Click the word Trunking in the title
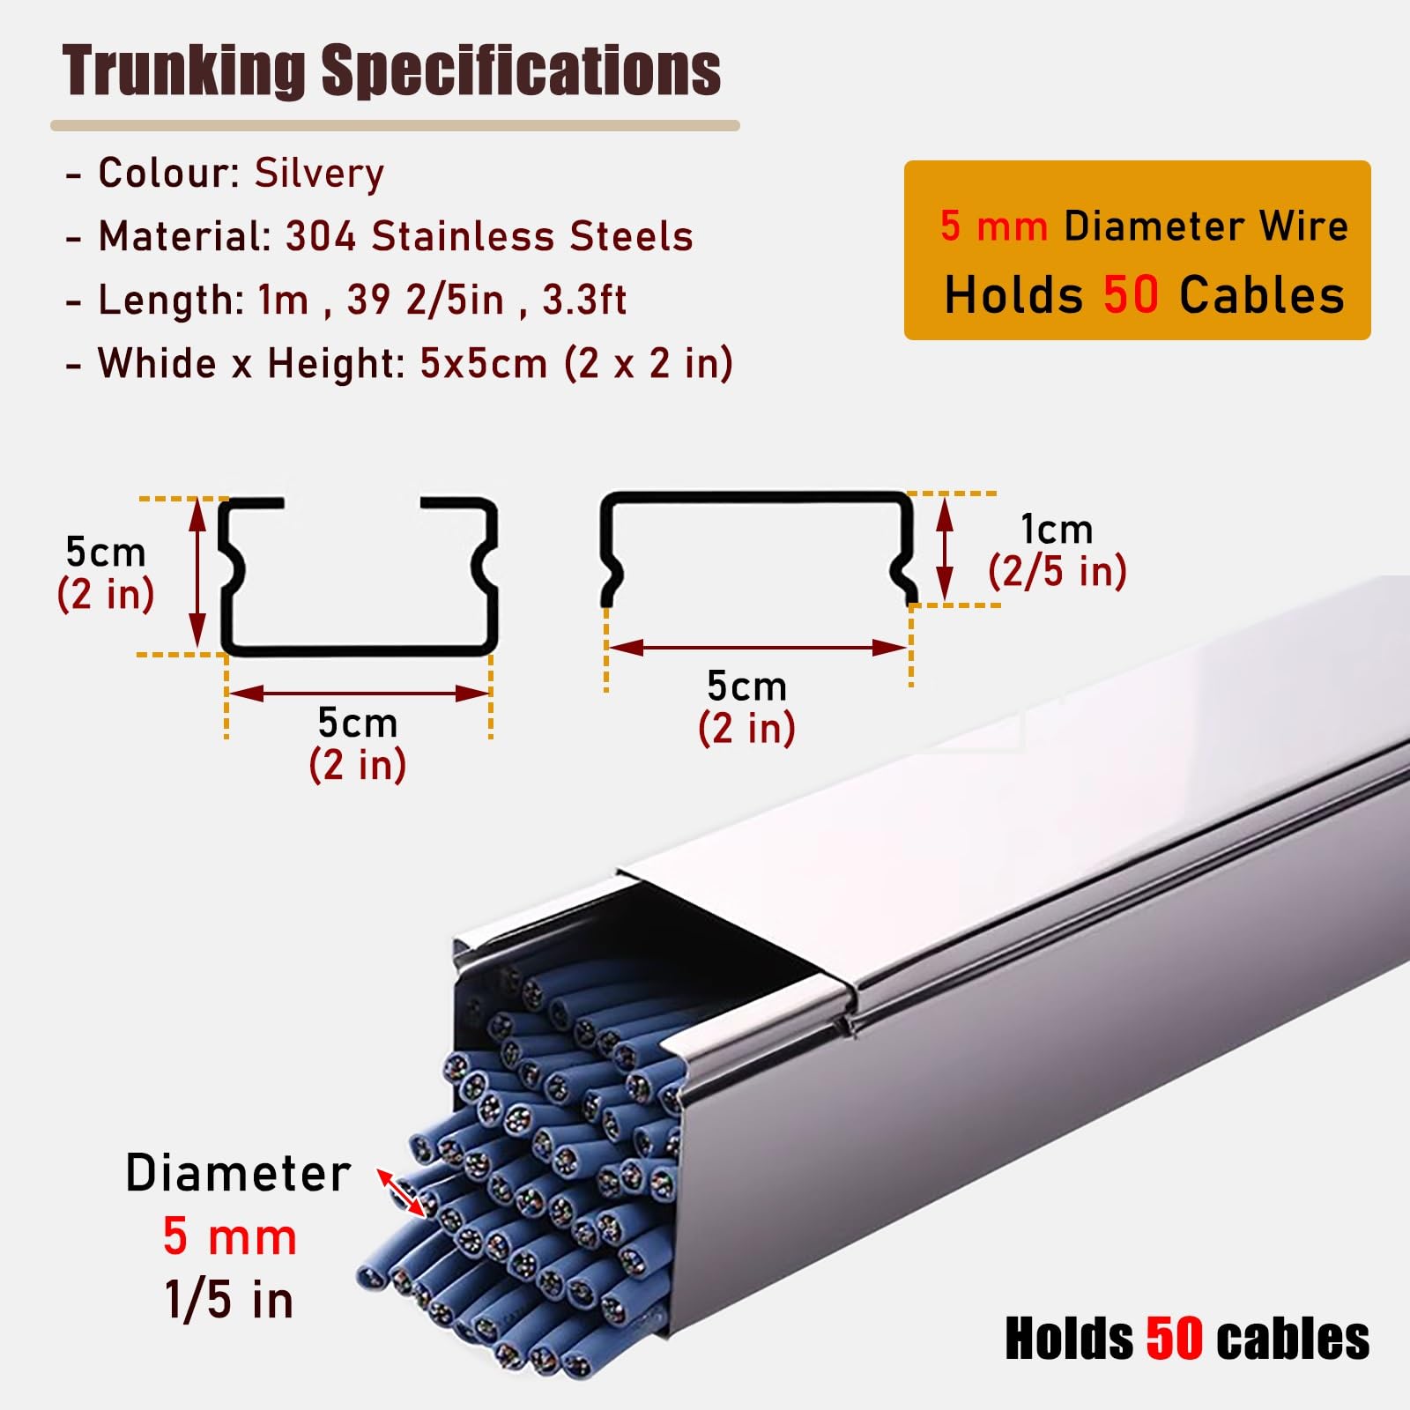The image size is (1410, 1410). point(183,71)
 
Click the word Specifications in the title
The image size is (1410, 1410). point(521,71)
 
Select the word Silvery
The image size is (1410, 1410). point(320,174)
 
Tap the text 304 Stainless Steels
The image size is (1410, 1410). point(489,236)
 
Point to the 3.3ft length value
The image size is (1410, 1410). point(584,300)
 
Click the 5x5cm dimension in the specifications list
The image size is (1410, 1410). point(483,363)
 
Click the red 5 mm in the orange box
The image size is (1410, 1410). point(993,226)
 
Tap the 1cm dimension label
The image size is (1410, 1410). point(1057,530)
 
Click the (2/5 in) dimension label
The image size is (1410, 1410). point(1057,571)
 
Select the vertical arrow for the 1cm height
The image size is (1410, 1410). point(945,548)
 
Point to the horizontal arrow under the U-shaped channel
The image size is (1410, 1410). point(358,694)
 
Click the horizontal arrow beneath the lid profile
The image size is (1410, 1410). point(758,648)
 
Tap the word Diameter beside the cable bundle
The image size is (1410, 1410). point(238,1173)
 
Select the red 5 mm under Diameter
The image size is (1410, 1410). point(230,1236)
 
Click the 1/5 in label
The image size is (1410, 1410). point(229,1300)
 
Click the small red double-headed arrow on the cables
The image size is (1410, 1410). point(402,1192)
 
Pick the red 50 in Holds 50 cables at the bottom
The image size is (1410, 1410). point(1175,1339)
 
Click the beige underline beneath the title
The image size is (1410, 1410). point(395,126)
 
